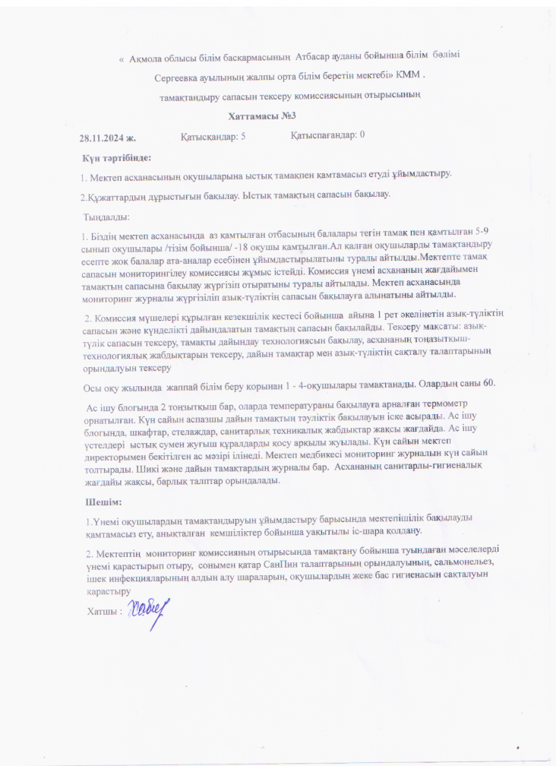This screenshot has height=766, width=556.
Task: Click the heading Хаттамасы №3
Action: click(261, 116)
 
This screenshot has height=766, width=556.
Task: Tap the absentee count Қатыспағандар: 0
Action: click(327, 135)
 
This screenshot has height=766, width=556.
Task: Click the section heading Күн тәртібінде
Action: click(117, 158)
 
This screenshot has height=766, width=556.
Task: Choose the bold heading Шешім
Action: click(104, 502)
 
